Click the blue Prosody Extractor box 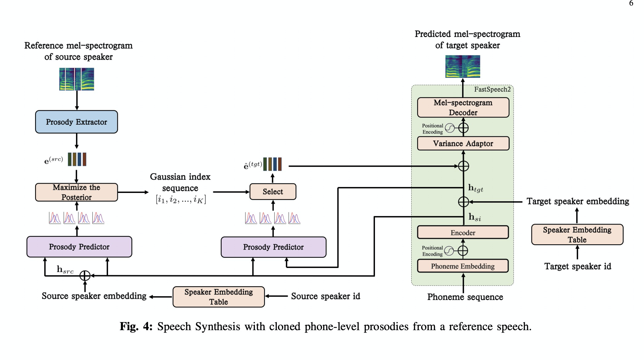click(x=76, y=122)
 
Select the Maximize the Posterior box click(x=76, y=192)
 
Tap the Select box click(x=273, y=192)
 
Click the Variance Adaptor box click(x=463, y=143)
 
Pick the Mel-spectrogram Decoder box click(x=463, y=107)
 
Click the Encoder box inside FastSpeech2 click(x=463, y=233)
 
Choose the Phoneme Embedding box click(x=463, y=266)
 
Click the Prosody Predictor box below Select click(x=273, y=247)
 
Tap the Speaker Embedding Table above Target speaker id click(x=577, y=235)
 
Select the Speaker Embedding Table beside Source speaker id click(x=219, y=297)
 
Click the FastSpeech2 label click(x=492, y=90)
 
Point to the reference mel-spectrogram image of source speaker click(x=77, y=79)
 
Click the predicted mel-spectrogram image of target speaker click(x=463, y=66)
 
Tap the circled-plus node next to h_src click(x=85, y=276)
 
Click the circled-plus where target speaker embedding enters click(x=463, y=202)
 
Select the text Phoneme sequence click(x=465, y=297)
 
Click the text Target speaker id click(x=578, y=266)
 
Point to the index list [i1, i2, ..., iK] click(x=181, y=200)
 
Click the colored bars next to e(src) click(x=77, y=159)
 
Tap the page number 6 click(x=631, y=3)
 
